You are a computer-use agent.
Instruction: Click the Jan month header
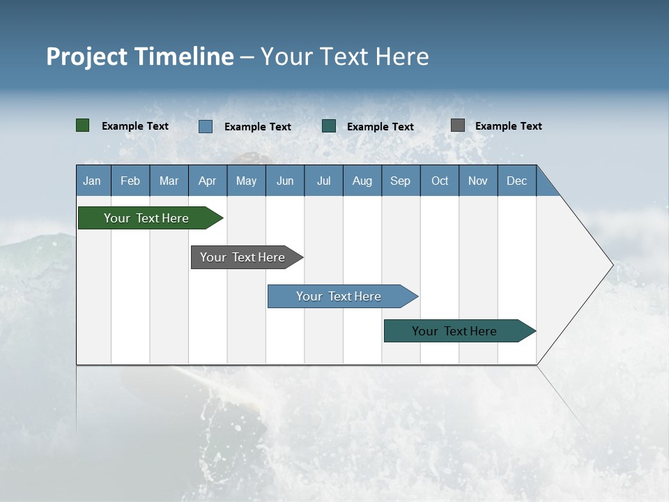[x=92, y=181]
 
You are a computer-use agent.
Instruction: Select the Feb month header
[x=130, y=181]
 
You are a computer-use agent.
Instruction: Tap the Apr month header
[x=207, y=181]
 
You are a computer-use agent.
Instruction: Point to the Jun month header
[x=285, y=181]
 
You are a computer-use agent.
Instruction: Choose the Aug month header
[x=362, y=181]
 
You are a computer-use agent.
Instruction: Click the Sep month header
[x=400, y=181]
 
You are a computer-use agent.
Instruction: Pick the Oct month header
[x=440, y=181]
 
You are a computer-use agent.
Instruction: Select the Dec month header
[x=516, y=181]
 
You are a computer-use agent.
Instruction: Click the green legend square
[x=83, y=125]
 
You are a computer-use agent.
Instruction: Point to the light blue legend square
[x=206, y=126]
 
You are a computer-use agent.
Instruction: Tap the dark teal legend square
[x=329, y=126]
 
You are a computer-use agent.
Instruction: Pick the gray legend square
[x=458, y=125]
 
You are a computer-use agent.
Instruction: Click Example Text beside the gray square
[x=508, y=126]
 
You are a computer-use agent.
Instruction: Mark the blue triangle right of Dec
[x=544, y=186]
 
